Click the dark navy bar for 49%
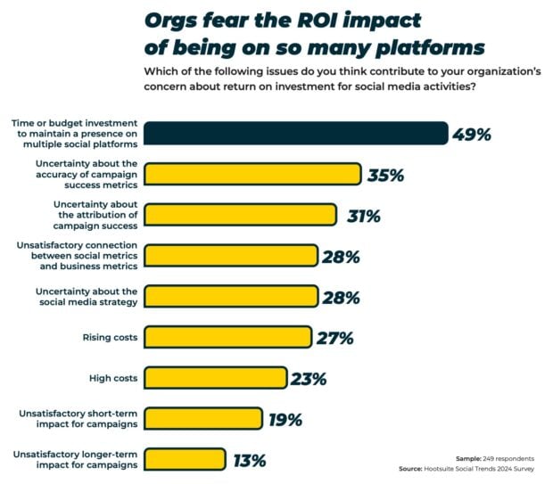[295, 134]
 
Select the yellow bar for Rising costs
[228, 337]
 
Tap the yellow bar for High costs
[215, 378]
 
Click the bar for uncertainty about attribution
[240, 215]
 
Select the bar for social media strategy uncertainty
[230, 297]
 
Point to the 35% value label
[386, 175]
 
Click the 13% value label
[250, 461]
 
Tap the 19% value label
[285, 420]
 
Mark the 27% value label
[335, 338]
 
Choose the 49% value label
[472, 135]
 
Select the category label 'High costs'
[114, 379]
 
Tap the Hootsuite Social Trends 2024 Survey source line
[474, 470]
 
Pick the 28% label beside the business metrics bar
[341, 257]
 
